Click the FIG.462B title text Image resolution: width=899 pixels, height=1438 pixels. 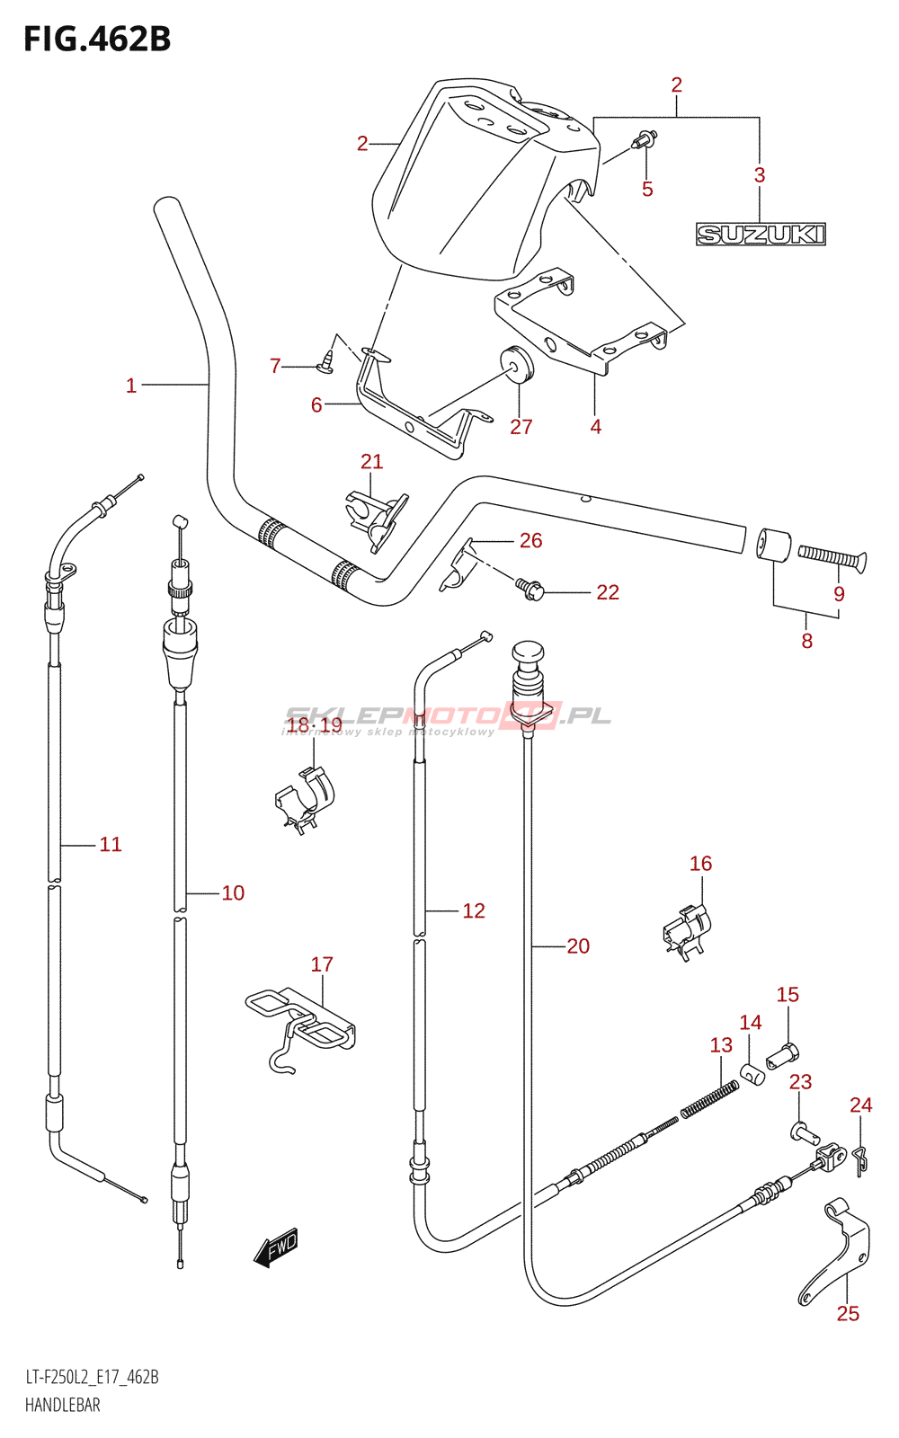(98, 40)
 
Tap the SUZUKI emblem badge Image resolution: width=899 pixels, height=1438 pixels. (761, 235)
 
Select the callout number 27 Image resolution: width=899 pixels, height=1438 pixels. (521, 427)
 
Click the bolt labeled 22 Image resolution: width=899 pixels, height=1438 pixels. (530, 588)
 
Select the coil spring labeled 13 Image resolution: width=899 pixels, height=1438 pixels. (709, 1100)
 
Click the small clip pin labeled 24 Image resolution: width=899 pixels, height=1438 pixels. (859, 1161)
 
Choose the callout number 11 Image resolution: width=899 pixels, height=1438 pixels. (111, 844)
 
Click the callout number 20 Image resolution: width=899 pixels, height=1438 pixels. (578, 945)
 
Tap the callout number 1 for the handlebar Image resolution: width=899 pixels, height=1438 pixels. (131, 386)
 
